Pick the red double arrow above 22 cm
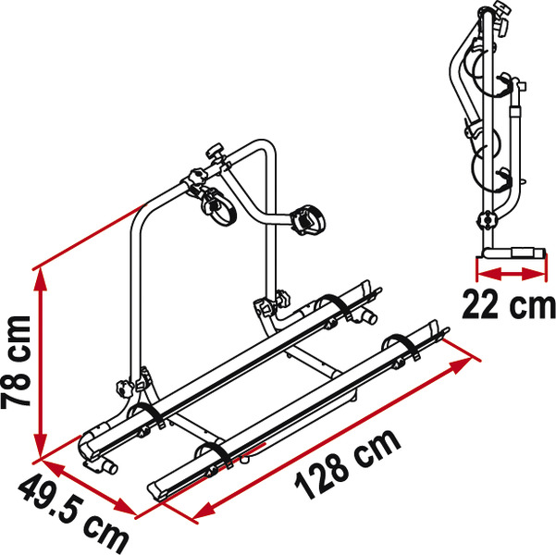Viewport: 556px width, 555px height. point(507,273)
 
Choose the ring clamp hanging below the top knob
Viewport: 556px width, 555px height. point(218,203)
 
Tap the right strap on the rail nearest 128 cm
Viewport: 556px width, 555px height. point(399,345)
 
